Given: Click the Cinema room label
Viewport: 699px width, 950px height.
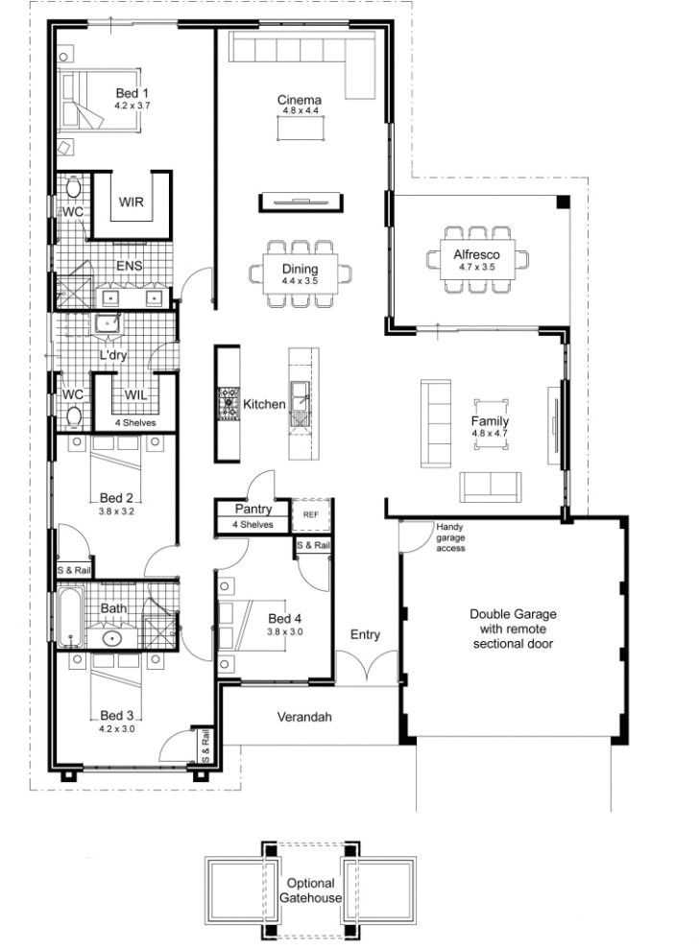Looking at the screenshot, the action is coord(299,100).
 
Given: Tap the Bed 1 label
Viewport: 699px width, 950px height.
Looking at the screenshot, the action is coord(132,93).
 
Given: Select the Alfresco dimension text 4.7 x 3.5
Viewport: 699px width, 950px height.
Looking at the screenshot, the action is coord(476,267).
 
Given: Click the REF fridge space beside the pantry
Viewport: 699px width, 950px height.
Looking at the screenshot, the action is coord(310,515).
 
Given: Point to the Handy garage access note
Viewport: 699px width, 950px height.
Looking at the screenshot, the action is coord(450,537).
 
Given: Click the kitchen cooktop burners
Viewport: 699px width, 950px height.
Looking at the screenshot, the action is coord(229,403).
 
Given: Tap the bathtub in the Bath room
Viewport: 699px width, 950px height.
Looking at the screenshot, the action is coord(70,617).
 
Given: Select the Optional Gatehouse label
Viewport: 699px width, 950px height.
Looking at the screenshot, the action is coord(310,891).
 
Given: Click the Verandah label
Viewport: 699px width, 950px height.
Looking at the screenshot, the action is coord(304,717).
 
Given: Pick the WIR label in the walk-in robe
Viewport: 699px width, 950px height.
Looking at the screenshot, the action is coord(131,202).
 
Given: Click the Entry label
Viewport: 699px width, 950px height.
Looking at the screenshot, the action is coord(365,634).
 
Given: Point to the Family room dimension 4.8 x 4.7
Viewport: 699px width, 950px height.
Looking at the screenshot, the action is coord(490,433).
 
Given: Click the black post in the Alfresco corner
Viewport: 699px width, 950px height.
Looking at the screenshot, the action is coord(564,202).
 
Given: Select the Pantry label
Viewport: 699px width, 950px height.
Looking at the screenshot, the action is coord(253,509).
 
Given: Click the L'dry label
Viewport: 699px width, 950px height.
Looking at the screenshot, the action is coord(113,355).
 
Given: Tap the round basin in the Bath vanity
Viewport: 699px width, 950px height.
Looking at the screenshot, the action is coord(112,638).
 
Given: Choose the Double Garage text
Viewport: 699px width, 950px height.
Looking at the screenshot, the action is coord(513,614).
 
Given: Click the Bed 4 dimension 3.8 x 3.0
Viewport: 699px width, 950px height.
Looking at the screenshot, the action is coord(285,632).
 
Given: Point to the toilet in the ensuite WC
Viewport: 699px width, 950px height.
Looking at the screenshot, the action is coord(73,187).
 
